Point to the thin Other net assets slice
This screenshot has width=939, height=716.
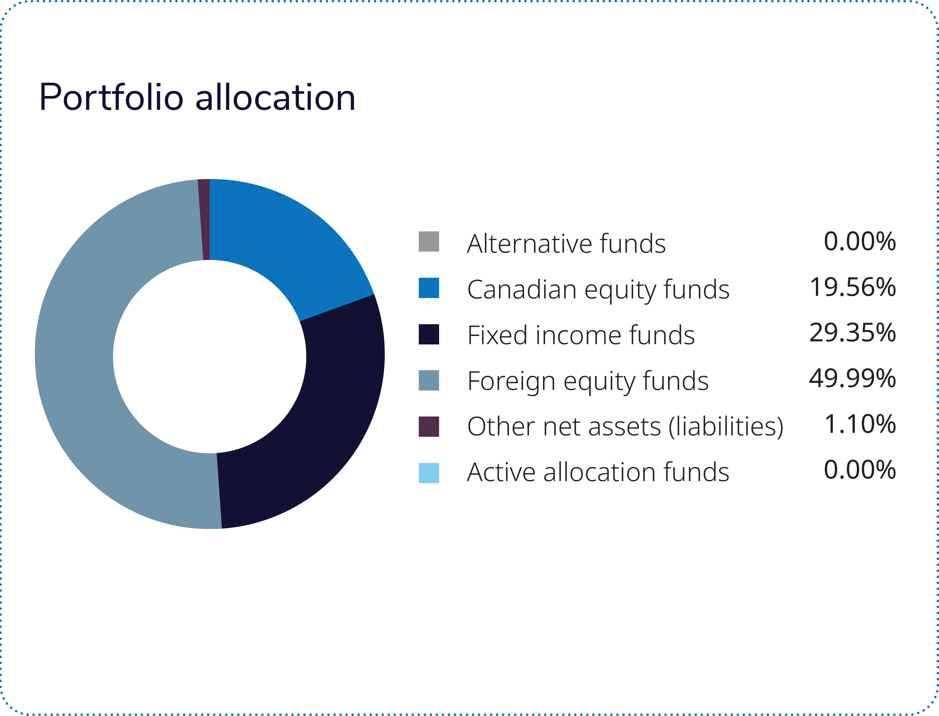tap(204, 219)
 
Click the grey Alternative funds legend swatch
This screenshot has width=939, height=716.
tap(429, 242)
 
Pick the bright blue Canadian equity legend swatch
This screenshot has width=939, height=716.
tap(429, 288)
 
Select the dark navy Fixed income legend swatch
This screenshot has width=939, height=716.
tap(429, 334)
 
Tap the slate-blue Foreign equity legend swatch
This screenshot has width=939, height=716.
tap(429, 380)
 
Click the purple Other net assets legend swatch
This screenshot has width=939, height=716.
tap(429, 427)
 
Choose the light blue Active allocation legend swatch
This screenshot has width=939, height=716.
tap(429, 473)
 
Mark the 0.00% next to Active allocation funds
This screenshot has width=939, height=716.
tap(860, 470)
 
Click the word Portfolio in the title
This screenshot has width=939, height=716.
tap(111, 98)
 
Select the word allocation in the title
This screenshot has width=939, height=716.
tap(275, 98)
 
